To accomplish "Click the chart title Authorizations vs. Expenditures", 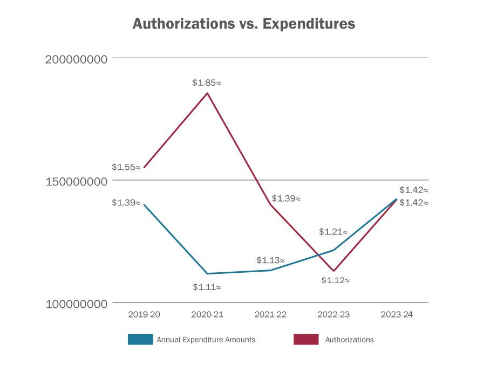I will tap(244, 24).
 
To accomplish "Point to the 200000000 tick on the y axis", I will tap(76, 58).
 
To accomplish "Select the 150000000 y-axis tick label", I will tap(76, 181).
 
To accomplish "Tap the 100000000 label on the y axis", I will tap(76, 304).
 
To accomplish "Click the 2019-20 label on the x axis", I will tap(144, 314).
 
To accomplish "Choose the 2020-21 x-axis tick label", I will tap(207, 314).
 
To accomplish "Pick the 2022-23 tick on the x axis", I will tap(333, 314).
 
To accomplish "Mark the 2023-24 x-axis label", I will tap(397, 314).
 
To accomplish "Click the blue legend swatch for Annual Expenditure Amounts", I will tap(140, 340).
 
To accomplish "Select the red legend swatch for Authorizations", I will tap(306, 340).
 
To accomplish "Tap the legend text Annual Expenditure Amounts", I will tap(206, 340).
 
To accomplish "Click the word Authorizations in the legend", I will tap(349, 340).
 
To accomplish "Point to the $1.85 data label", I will tap(207, 83).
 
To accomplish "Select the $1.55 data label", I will tap(126, 167).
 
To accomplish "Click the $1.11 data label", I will tap(207, 287).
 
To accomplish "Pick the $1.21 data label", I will tap(333, 232).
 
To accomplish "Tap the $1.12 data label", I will tap(336, 280).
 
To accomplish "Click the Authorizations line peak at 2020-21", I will tap(207, 94).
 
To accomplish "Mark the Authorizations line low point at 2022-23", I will tap(333, 271).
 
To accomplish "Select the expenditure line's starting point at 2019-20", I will tap(144, 205).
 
